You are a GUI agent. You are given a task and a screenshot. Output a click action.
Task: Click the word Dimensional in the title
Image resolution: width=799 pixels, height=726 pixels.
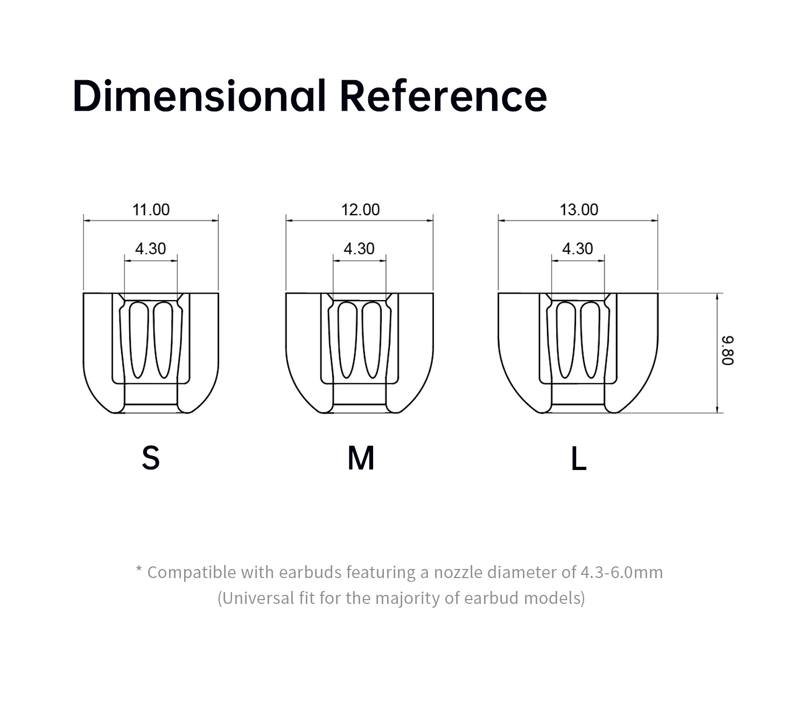199,96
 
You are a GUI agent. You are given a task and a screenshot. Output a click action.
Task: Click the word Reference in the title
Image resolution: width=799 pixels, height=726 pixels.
443,96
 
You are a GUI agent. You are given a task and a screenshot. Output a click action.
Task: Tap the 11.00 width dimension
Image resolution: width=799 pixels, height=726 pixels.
151,210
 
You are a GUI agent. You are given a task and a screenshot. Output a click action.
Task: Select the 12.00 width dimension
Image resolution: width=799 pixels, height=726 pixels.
361,210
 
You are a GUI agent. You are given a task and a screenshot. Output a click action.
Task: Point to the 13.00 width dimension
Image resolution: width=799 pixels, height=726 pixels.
579,210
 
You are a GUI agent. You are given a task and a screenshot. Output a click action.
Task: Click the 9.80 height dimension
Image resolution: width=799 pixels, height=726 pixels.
727,350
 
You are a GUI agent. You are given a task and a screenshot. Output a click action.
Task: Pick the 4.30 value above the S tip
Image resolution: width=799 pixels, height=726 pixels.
151,249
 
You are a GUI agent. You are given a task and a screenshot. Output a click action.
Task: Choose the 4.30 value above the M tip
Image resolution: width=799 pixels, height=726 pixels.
359,249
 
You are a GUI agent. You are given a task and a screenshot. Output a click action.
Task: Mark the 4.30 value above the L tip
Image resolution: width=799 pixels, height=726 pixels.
578,249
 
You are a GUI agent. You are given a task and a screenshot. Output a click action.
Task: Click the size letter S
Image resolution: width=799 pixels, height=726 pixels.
151,458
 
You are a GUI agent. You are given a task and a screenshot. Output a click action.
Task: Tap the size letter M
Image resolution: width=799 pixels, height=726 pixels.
361,458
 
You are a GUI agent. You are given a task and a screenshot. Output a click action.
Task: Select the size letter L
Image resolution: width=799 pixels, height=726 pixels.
579,458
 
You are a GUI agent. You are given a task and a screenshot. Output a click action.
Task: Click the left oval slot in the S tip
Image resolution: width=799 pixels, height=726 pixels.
139,340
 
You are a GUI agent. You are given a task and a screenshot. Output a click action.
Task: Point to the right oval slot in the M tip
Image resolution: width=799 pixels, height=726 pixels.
372,340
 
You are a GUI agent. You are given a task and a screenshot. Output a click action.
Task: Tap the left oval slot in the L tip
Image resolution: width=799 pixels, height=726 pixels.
566,340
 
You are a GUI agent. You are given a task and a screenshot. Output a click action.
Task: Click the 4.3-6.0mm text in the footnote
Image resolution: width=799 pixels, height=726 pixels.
622,572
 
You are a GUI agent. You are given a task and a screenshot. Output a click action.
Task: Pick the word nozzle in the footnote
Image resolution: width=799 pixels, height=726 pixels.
458,572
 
